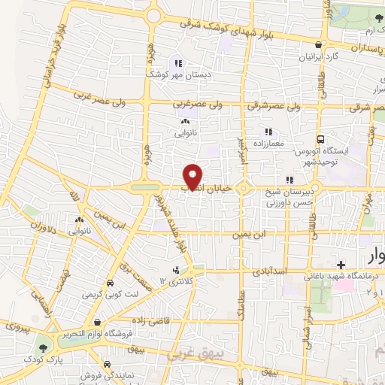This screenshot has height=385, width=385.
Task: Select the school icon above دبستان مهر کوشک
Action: (178, 63)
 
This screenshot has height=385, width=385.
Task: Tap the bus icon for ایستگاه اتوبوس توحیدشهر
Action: (321, 140)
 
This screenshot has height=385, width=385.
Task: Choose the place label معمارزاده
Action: (268, 141)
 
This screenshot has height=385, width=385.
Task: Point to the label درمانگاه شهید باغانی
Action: (339, 277)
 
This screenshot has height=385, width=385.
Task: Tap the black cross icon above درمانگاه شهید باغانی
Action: (341, 265)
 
